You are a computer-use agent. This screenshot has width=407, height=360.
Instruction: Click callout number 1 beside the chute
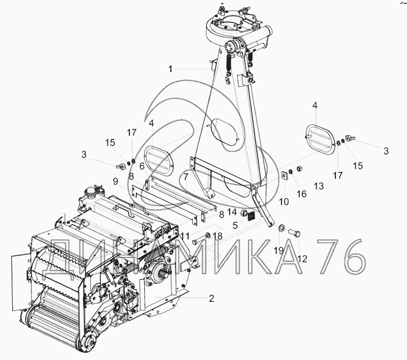tap(170, 69)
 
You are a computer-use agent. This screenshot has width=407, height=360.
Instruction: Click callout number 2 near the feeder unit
tap(212, 299)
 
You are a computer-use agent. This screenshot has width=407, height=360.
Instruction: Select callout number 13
tap(319, 186)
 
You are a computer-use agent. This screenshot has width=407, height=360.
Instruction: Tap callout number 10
tap(284, 201)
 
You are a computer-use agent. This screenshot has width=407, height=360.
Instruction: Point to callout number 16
tap(302, 194)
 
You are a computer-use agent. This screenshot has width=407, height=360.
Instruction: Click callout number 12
tap(303, 259)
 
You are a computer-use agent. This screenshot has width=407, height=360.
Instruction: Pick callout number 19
tap(279, 251)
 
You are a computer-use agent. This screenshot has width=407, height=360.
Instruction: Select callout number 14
tap(232, 212)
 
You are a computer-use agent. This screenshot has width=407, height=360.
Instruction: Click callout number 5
tap(235, 225)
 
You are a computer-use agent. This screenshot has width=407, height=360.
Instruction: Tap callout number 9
tap(115, 181)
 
